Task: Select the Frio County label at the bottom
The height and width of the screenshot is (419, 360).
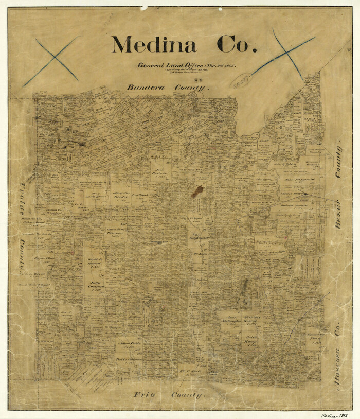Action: (169, 395)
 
